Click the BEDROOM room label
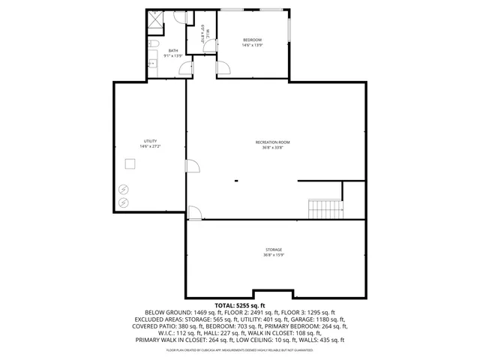[x=252, y=40]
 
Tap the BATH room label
[x=173, y=51]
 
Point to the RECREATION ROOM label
[x=272, y=142]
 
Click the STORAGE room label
[x=273, y=249]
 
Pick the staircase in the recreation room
[x=325, y=208]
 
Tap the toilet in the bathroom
[x=151, y=46]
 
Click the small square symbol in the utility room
[x=130, y=165]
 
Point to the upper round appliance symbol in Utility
[x=124, y=189]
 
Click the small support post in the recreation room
[x=235, y=180]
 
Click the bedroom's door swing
[x=223, y=69]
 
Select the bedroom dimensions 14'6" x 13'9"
[x=252, y=45]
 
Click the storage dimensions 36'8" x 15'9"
[x=273, y=255]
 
